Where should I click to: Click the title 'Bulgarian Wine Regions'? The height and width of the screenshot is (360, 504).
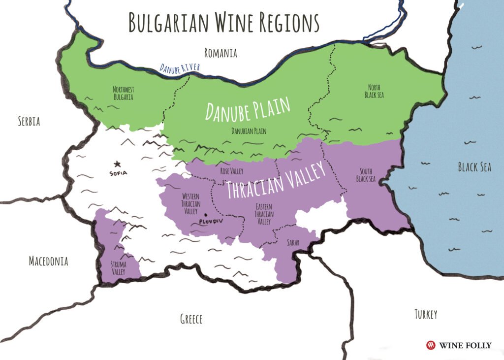(x=224, y=23)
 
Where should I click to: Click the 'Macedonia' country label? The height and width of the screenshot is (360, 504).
(x=48, y=261)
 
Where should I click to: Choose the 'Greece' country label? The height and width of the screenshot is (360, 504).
(x=191, y=319)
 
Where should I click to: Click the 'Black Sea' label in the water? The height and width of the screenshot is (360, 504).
(x=474, y=167)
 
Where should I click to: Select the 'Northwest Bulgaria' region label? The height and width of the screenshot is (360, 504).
(x=123, y=93)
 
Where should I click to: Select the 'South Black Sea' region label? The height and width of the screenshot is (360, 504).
(x=366, y=175)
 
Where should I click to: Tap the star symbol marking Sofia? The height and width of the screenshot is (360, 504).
(x=117, y=164)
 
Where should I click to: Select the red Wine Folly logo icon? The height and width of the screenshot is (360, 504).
(x=431, y=345)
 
